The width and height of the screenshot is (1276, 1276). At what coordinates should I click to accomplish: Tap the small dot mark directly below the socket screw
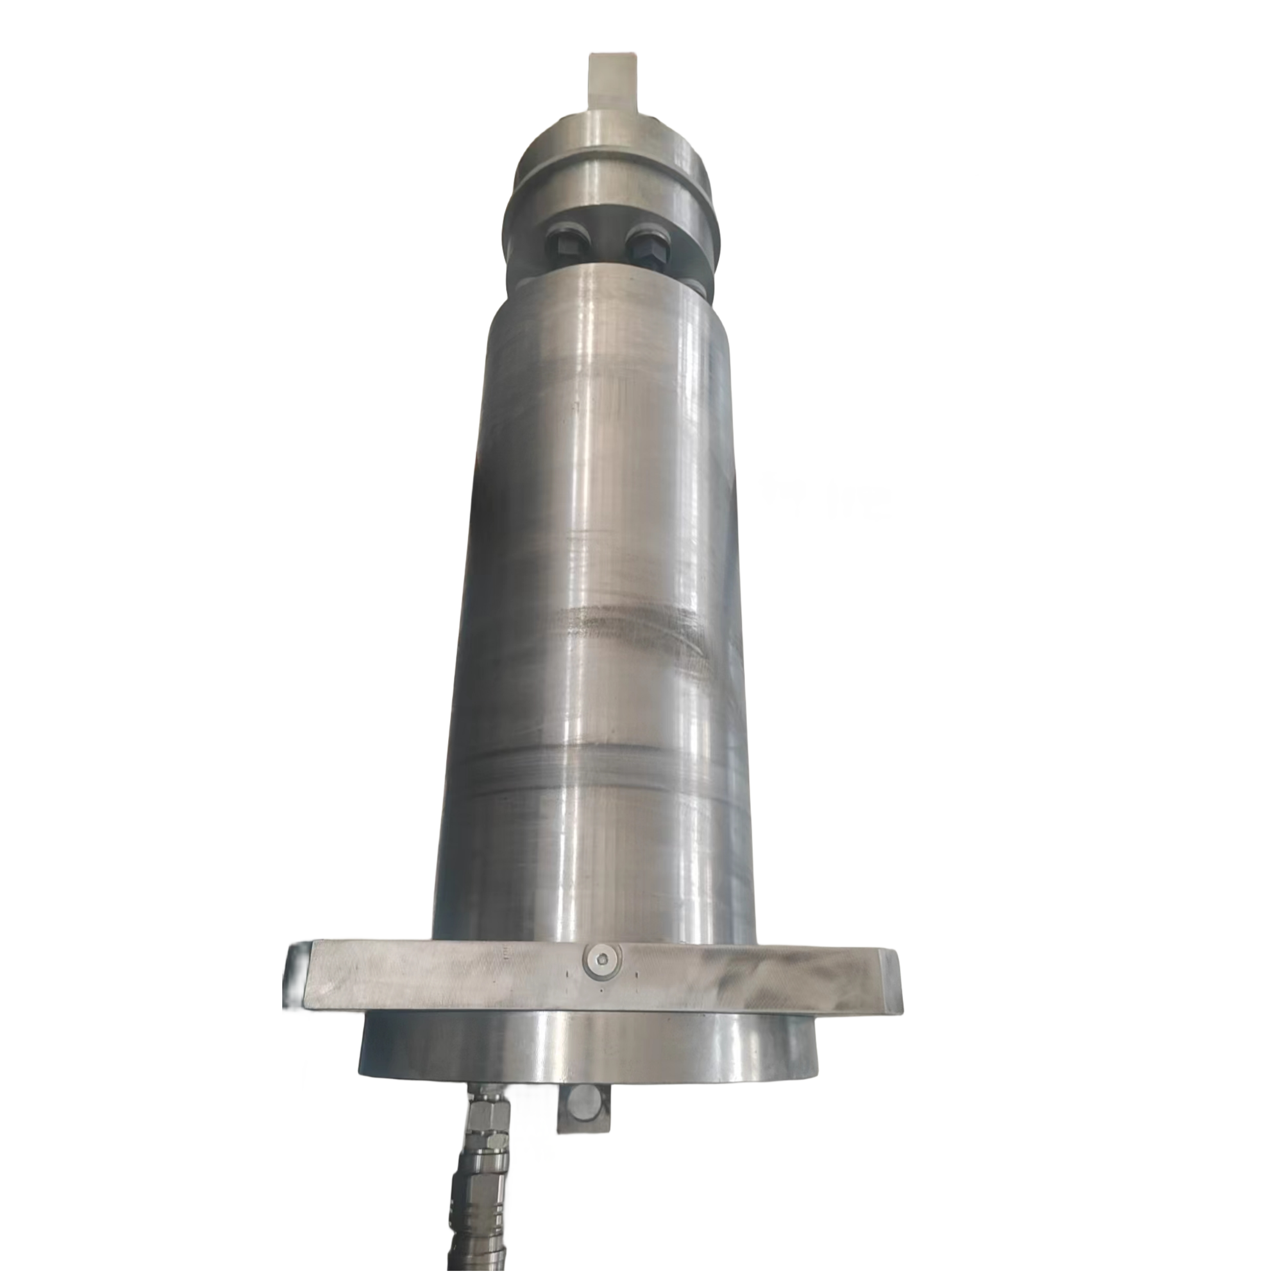[x=602, y=1009]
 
